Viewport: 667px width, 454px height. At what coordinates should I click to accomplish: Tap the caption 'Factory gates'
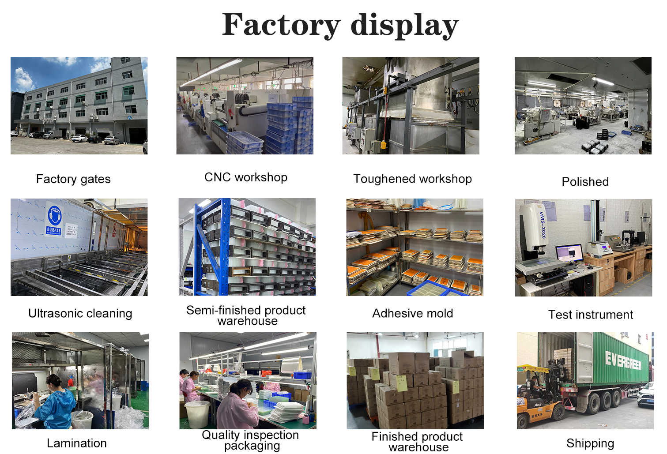(x=73, y=179)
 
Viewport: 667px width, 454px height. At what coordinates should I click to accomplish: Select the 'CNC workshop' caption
(x=246, y=177)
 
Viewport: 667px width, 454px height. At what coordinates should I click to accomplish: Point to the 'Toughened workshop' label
(x=412, y=179)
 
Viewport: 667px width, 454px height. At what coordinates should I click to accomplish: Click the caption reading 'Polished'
(x=585, y=182)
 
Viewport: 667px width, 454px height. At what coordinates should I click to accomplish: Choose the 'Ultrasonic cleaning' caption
(x=80, y=313)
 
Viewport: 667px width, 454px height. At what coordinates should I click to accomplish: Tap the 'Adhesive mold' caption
(x=412, y=313)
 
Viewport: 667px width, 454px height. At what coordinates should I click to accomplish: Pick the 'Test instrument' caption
(x=590, y=315)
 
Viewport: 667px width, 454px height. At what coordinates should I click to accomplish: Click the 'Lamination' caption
(x=76, y=443)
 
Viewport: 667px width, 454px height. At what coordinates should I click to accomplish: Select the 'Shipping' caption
(x=590, y=443)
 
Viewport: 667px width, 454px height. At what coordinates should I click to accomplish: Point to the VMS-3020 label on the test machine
(x=543, y=225)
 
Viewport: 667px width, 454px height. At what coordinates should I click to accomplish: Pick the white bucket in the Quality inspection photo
(x=197, y=414)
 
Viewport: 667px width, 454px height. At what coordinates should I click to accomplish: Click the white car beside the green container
(x=646, y=395)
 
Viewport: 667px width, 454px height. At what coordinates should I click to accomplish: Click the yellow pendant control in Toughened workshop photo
(x=383, y=144)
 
